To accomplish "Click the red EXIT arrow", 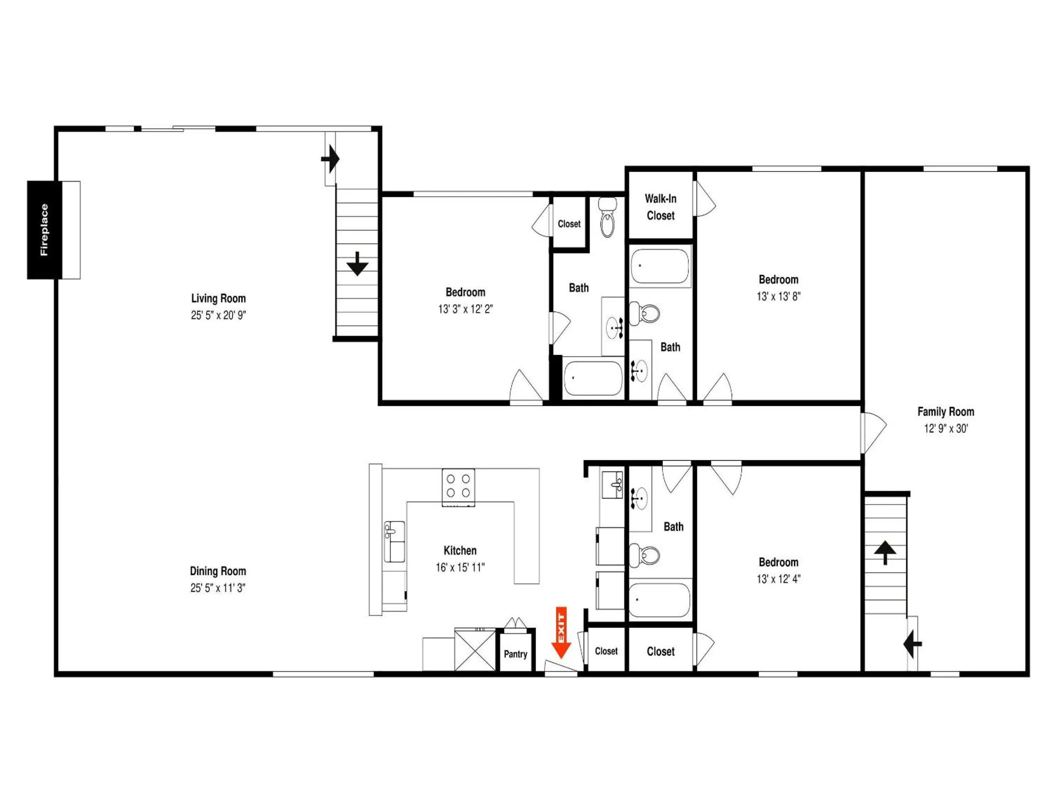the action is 561,633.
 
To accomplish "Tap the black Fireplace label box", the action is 44,230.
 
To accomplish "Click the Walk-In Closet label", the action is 660,207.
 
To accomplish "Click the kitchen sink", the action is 394,542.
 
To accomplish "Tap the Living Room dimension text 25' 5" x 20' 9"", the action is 218,315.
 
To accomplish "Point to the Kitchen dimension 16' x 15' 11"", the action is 460,567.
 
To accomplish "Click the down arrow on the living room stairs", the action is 357,263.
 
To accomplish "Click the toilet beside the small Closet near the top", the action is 607,217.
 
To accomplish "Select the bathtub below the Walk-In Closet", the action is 660,266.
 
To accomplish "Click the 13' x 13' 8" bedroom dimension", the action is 778,296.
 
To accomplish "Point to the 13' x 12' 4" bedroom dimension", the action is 778,579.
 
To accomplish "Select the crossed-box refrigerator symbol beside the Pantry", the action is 475,650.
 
